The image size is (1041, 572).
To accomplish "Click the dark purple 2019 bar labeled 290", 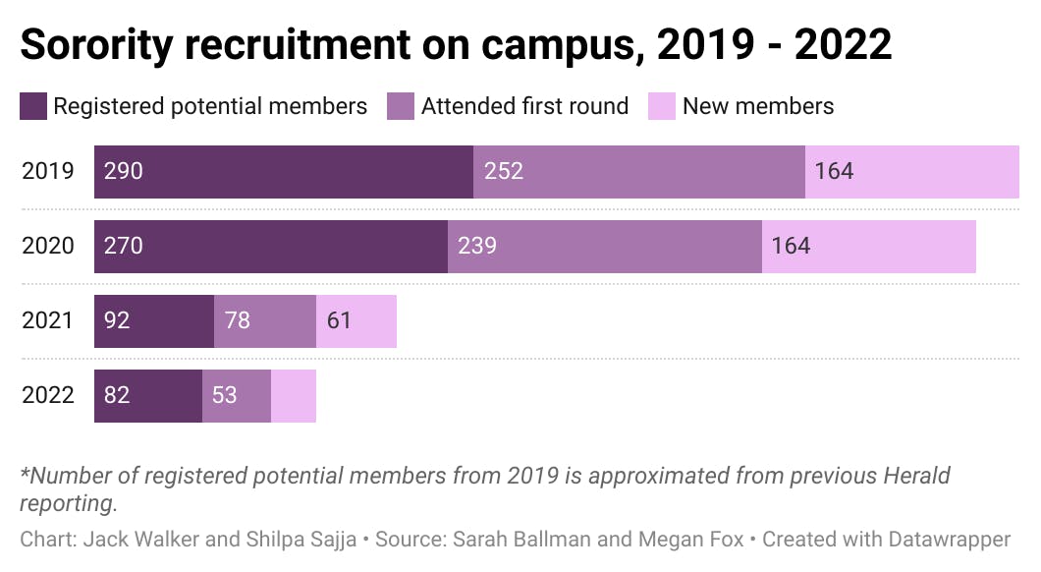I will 283,172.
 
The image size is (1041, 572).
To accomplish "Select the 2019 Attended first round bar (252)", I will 638,172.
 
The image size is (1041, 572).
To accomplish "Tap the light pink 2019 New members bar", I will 911,172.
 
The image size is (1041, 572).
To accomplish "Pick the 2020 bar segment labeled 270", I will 270,247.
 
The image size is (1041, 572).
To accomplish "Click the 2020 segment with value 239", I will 604,247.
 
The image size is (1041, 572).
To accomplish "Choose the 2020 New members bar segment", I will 868,247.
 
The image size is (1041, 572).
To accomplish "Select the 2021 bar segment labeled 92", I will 153,321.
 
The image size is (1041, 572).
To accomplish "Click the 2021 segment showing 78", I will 264,321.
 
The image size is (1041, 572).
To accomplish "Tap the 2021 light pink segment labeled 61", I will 356,321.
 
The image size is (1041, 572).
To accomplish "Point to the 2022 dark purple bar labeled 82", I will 147,396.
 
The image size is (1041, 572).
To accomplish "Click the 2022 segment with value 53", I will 236,396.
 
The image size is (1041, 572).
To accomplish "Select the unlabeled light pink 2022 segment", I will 293,396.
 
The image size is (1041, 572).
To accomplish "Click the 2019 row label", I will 47,171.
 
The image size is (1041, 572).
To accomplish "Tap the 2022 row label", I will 47,395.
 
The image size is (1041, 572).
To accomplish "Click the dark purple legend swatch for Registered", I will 32,106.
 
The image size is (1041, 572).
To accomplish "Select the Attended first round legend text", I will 524,106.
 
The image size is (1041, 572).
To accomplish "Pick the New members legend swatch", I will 662,106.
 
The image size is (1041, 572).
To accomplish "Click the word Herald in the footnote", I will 915,477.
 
